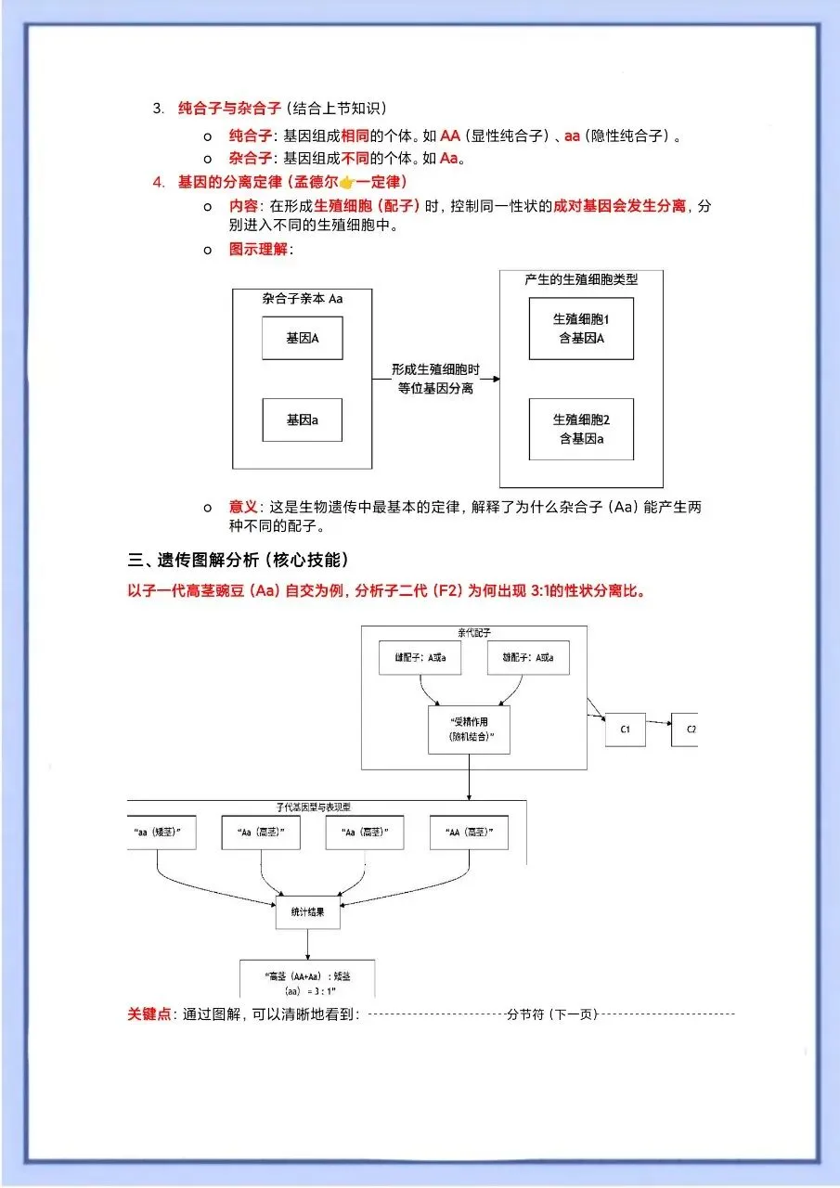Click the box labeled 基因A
coord(302,338)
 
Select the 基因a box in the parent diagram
coord(302,420)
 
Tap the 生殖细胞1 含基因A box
coord(581,329)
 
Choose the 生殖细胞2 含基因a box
coord(581,429)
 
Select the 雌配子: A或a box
coord(528,657)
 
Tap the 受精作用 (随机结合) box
coord(468,729)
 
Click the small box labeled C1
coord(626,730)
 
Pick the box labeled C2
coord(686,730)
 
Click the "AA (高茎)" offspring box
coord(470,833)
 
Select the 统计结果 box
coord(308,913)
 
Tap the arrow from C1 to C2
coord(659,722)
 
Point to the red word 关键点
coord(149,1014)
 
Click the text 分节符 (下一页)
coord(551,1014)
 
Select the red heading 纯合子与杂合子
coord(230,108)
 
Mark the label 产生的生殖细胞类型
coord(581,278)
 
